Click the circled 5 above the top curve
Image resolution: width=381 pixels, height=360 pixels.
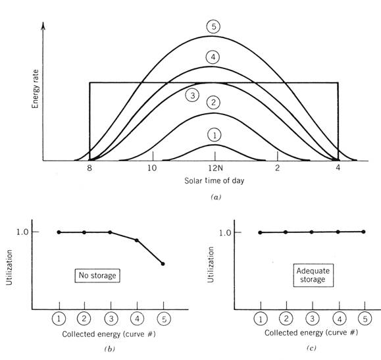[x=213, y=26]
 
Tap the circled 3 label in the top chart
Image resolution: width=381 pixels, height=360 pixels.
[x=192, y=95]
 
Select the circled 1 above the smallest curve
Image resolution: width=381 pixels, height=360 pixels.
[x=215, y=135]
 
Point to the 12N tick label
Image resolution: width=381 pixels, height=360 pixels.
[x=215, y=168]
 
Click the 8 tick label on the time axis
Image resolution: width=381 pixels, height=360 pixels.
[x=89, y=168]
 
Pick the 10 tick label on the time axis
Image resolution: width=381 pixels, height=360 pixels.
[x=152, y=168]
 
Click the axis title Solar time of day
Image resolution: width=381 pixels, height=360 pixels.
[x=214, y=180]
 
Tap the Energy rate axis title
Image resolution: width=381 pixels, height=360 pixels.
[x=36, y=89]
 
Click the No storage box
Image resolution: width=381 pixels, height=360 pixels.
[x=97, y=276]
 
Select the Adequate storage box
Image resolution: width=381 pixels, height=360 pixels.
[x=313, y=275]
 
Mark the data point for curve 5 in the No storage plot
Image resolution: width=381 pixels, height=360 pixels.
[x=163, y=264]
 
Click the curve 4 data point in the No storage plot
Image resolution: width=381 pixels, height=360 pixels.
[x=137, y=240]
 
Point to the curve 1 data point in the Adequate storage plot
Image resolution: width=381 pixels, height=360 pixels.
[x=260, y=232]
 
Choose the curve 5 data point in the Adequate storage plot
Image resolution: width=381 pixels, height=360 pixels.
[x=363, y=232]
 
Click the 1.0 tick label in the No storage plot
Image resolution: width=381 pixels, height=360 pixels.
[x=22, y=232]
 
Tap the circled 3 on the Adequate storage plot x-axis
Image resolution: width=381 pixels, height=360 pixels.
[x=312, y=319]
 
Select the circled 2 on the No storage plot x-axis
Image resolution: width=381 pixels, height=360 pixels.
[x=84, y=319]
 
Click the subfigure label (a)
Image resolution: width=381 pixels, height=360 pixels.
[x=216, y=197]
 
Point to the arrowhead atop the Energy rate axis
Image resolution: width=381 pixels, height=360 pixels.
[x=43, y=26]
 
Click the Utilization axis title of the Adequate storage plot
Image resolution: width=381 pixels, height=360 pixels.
[x=211, y=265]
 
